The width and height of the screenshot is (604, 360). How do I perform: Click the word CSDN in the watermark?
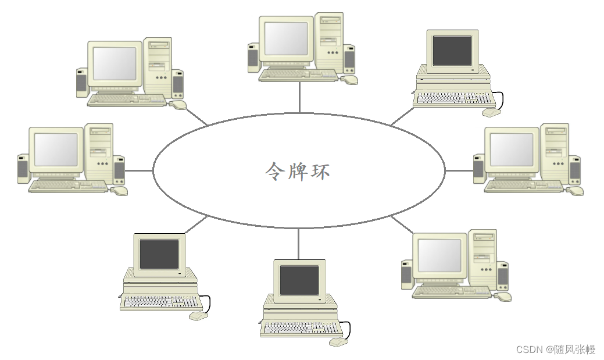[x=529, y=349]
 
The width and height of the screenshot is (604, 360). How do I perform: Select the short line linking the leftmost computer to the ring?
[x=139, y=171]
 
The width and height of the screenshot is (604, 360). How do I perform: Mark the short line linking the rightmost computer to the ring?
[x=459, y=171]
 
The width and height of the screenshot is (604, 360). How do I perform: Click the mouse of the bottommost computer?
[x=338, y=342]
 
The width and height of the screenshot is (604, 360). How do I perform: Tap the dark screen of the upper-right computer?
[x=452, y=51]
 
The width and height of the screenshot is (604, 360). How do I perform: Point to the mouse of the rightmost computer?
[x=575, y=191]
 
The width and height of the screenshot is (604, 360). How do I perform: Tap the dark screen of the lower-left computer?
[x=159, y=254]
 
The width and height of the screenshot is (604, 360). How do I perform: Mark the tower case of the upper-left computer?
[x=159, y=66]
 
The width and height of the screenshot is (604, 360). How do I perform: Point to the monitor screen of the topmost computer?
[x=286, y=38]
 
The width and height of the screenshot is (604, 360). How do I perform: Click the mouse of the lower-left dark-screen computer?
[x=198, y=316]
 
